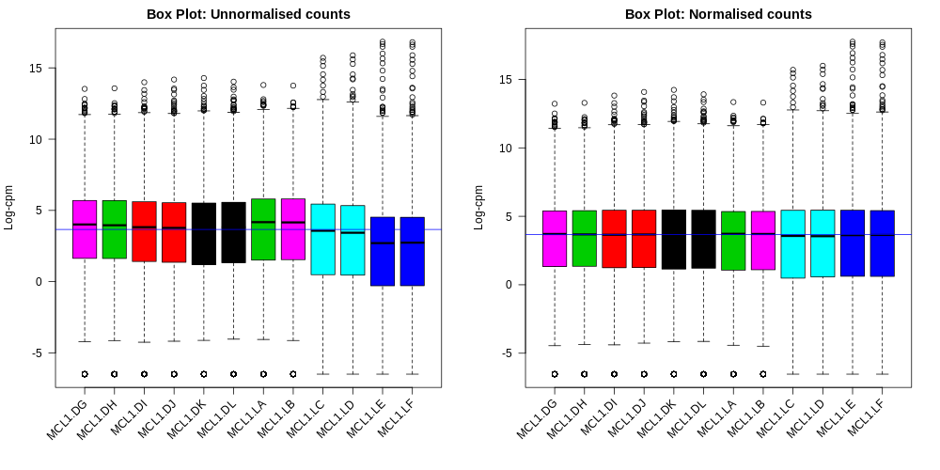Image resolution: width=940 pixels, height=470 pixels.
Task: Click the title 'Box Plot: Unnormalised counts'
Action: [x=248, y=14]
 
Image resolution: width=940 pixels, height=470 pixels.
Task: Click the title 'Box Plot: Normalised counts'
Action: [x=718, y=14]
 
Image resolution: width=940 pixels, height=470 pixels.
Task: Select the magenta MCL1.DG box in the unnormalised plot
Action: [x=85, y=229]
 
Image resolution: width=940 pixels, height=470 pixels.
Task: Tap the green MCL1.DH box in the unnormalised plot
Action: [x=115, y=229]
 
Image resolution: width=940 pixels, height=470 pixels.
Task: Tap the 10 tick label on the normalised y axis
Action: [x=508, y=149]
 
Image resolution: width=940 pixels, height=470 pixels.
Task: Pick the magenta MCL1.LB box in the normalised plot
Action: [x=763, y=240]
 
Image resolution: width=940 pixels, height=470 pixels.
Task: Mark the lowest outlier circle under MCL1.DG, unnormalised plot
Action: [x=85, y=374]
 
